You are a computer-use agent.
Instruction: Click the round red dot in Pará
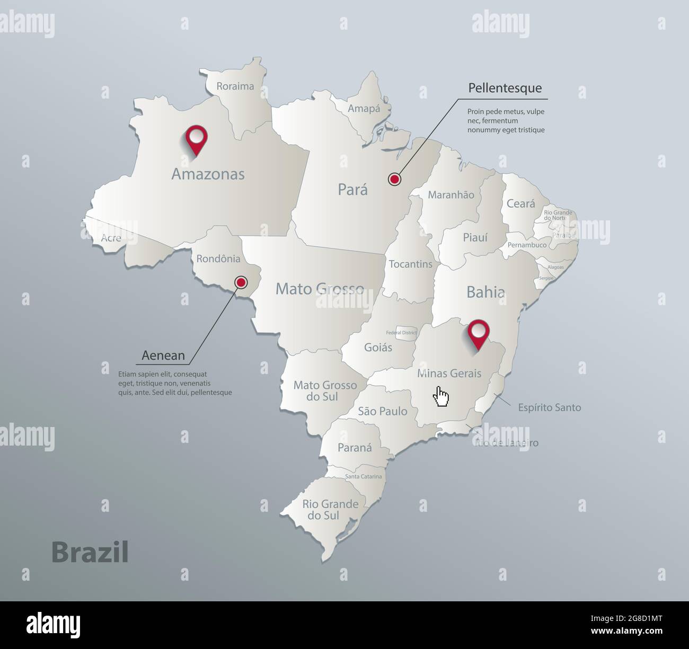(394, 180)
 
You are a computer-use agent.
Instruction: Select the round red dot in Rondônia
(241, 282)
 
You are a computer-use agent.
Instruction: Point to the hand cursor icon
(441, 396)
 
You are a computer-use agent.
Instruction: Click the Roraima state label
(235, 86)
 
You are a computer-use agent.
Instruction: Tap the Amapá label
(364, 108)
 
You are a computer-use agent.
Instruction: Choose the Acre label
(111, 238)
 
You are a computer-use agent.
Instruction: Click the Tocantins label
(411, 264)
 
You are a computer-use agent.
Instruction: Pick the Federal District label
(401, 333)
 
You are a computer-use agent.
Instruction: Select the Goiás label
(378, 348)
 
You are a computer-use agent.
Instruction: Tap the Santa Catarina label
(363, 476)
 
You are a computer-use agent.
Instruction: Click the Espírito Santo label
(550, 407)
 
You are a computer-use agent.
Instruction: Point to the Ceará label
(520, 203)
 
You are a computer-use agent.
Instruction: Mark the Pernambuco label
(527, 245)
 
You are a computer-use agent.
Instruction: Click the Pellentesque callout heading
(505, 88)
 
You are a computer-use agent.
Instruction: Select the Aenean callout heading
(163, 355)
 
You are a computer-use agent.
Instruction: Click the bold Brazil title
(90, 553)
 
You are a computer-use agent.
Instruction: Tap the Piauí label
(475, 238)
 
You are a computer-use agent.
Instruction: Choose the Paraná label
(355, 448)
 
